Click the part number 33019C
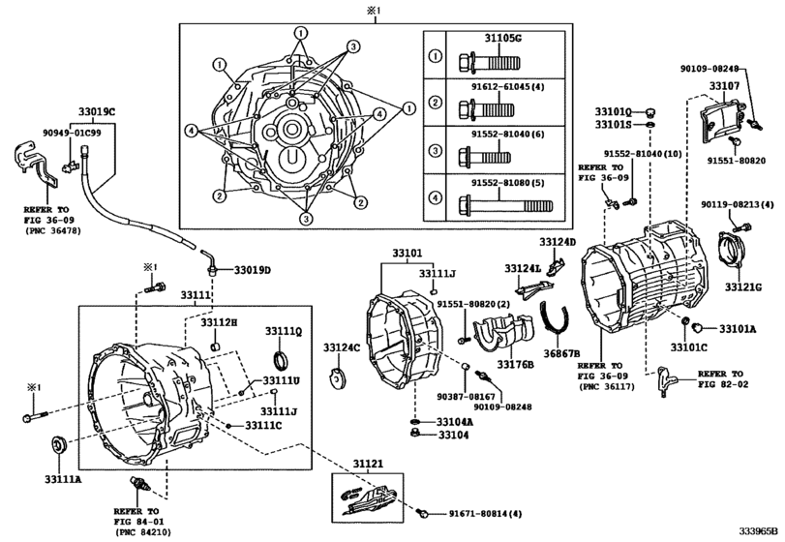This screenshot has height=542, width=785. click(96, 112)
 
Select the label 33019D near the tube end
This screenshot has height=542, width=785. click(248, 269)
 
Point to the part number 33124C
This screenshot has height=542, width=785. click(341, 347)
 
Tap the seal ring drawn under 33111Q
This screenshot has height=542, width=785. click(282, 362)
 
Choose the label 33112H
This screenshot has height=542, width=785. click(219, 320)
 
